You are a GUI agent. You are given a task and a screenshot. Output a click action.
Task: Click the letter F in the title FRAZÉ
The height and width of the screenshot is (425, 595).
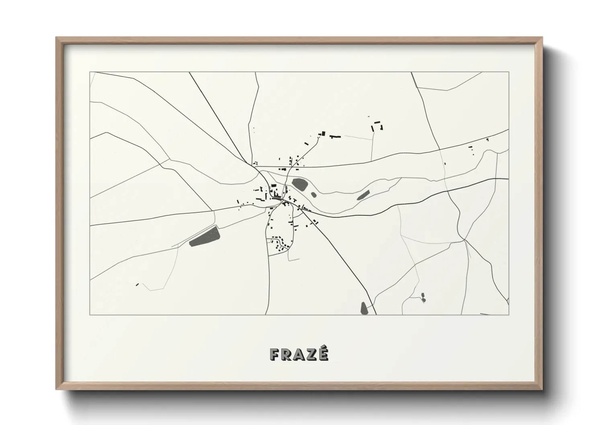pyautogui.click(x=275, y=354)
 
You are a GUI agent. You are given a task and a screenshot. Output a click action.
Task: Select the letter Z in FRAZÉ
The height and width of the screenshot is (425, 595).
pyautogui.click(x=311, y=354)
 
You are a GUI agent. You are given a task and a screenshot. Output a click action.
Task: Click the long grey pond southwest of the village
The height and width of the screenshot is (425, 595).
pyautogui.click(x=205, y=236)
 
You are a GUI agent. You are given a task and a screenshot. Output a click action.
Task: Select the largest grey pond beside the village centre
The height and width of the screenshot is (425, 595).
pyautogui.click(x=300, y=185)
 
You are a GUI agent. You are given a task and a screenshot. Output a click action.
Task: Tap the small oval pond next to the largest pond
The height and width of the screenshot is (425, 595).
pyautogui.click(x=314, y=195)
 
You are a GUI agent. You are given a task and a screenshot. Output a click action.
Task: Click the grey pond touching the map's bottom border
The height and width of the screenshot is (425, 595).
pyautogui.click(x=364, y=308)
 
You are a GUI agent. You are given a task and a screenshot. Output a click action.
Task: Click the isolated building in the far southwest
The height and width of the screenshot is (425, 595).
pyautogui.click(x=137, y=285)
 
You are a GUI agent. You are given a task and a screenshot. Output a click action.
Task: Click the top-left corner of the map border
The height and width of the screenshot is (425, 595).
pyautogui.click(x=90, y=72)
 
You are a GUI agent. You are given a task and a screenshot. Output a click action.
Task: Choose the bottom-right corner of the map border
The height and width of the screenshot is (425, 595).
pyautogui.click(x=509, y=315)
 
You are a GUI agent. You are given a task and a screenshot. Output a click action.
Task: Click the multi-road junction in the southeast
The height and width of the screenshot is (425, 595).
pyautogui.click(x=464, y=240)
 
